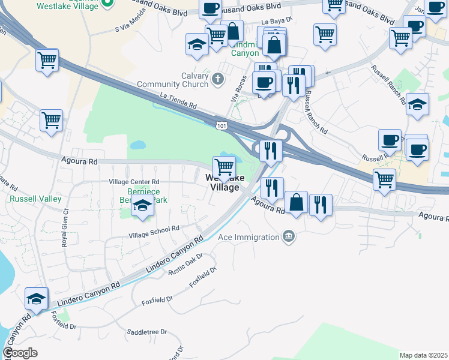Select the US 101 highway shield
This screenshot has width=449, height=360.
[222, 125]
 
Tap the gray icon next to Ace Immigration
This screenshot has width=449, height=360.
[289, 236]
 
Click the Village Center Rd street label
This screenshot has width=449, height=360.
[133, 182]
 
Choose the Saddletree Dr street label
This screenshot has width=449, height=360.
[146, 332]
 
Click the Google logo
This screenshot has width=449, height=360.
[20, 353]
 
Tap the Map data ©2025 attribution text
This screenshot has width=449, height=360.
[423, 355]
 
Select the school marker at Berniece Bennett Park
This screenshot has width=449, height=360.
[142, 206]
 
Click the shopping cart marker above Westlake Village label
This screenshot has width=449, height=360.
[224, 166]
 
